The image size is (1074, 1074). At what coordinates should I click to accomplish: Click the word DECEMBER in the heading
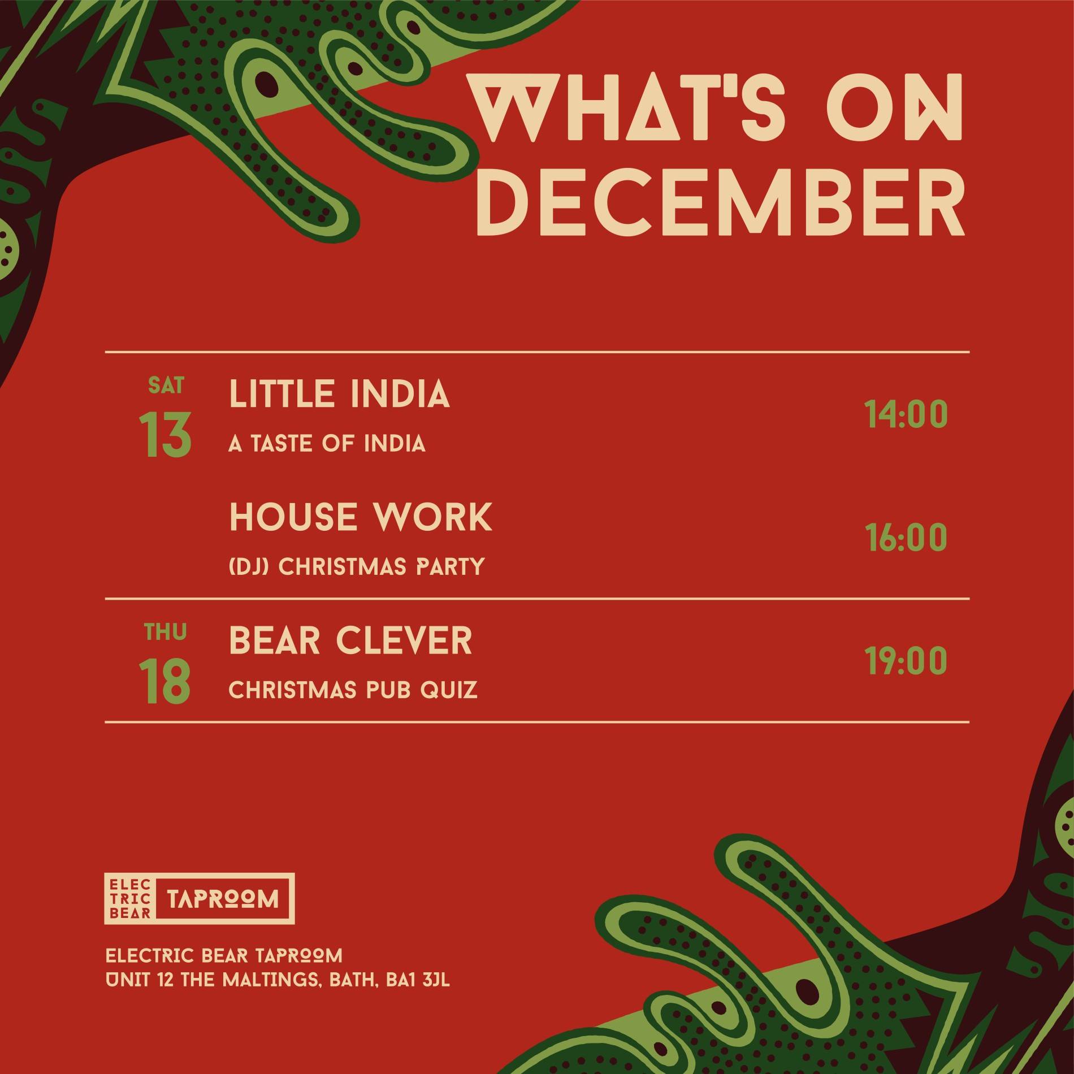[x=720, y=200]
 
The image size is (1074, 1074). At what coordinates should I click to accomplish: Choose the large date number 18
[x=165, y=681]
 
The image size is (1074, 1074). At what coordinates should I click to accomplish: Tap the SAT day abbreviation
[x=166, y=386]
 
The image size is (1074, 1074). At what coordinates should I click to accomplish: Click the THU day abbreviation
[x=165, y=632]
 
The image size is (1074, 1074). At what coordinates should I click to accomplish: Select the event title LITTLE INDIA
[x=339, y=393]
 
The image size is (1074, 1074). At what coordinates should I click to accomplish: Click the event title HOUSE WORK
[x=361, y=517]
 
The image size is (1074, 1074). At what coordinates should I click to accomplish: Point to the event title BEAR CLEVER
[x=350, y=640]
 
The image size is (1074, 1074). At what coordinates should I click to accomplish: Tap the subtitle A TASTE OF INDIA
[x=327, y=444]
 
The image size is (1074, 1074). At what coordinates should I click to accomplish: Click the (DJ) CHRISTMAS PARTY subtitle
[x=357, y=566]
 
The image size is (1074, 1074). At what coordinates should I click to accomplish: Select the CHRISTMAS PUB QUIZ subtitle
[x=353, y=690]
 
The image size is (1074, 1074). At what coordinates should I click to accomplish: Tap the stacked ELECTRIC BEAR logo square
[x=129, y=914]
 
